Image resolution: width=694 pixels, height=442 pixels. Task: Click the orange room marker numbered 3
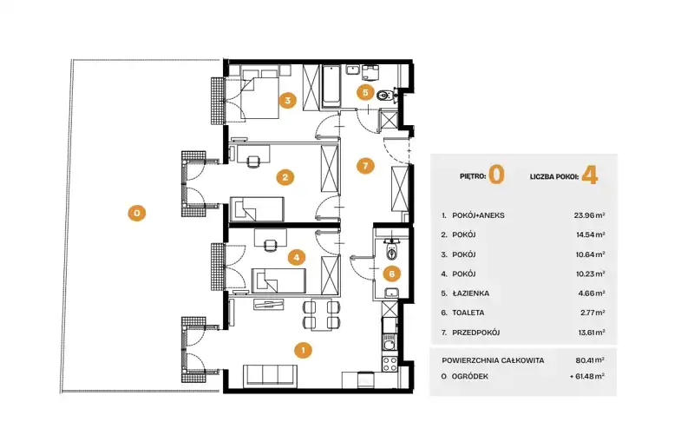(288, 100)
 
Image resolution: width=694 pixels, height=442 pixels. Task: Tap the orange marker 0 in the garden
(137, 213)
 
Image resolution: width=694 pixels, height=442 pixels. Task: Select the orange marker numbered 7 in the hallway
(365, 166)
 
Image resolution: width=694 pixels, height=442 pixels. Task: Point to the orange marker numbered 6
(392, 274)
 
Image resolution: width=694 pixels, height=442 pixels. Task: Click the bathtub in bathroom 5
(331, 87)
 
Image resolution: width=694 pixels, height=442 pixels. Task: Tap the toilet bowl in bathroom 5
(384, 95)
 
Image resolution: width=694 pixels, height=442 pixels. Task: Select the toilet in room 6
(392, 250)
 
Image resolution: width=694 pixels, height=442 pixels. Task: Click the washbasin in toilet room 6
(392, 293)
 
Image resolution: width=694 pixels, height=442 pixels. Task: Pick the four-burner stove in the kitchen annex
(390, 364)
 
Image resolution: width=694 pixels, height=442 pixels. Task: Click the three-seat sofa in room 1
(270, 376)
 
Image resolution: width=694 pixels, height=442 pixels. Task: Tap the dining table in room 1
(319, 315)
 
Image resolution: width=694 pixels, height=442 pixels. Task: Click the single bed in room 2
(257, 208)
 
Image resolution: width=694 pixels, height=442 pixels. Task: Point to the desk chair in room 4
(270, 245)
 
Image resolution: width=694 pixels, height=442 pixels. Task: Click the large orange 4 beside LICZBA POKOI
(590, 175)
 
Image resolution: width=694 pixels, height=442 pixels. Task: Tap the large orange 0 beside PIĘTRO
(496, 175)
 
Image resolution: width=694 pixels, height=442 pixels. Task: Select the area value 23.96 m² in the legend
(590, 215)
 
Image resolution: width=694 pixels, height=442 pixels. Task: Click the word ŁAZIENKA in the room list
(470, 294)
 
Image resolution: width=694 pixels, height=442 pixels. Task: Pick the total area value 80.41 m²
(590, 360)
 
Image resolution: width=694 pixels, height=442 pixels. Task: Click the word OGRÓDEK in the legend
(470, 377)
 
